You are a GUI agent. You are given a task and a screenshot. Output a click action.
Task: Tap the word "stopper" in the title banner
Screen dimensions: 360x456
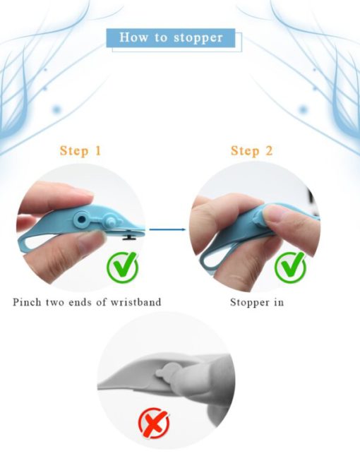point(198,38)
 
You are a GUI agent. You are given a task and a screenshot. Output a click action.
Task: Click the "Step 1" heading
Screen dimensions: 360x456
point(80,150)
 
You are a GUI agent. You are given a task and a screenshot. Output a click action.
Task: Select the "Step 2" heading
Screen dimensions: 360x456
point(252,150)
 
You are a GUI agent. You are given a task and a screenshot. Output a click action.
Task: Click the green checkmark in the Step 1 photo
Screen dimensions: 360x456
point(123,267)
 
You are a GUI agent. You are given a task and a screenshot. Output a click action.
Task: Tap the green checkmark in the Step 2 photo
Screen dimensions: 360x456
point(290,267)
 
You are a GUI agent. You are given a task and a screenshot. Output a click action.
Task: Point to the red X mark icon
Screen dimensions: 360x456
point(154,423)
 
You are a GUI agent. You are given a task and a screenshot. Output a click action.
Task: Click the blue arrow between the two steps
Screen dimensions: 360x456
point(167,229)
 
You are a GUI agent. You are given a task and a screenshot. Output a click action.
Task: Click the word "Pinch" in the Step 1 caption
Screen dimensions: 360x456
point(27,302)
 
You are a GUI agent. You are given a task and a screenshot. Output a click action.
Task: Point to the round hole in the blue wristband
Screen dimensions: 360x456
point(82,219)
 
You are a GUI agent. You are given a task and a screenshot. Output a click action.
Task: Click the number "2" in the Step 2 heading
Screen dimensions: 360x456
point(269,150)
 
